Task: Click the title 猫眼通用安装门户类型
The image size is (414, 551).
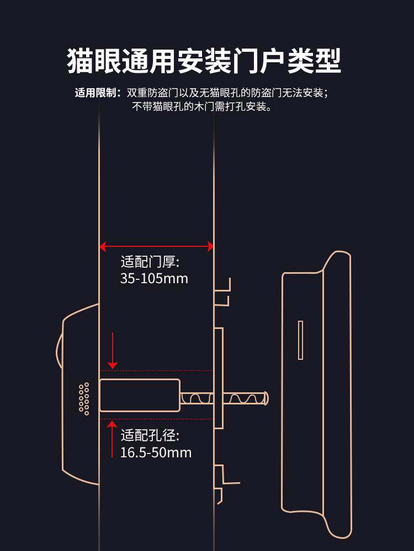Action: (x=204, y=61)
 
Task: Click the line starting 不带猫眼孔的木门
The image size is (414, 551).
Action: (x=201, y=107)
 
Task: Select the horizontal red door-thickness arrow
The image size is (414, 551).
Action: (x=156, y=246)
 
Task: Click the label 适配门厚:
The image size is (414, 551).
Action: (x=150, y=262)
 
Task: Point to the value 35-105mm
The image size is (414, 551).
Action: (x=154, y=278)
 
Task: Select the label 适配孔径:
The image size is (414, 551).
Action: (x=150, y=436)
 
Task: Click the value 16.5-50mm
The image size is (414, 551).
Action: (x=156, y=453)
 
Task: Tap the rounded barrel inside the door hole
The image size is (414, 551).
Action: (x=139, y=396)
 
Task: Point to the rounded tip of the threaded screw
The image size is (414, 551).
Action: (x=266, y=397)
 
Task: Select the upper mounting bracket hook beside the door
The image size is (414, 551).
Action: (x=223, y=291)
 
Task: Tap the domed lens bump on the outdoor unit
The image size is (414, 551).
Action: (x=59, y=350)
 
